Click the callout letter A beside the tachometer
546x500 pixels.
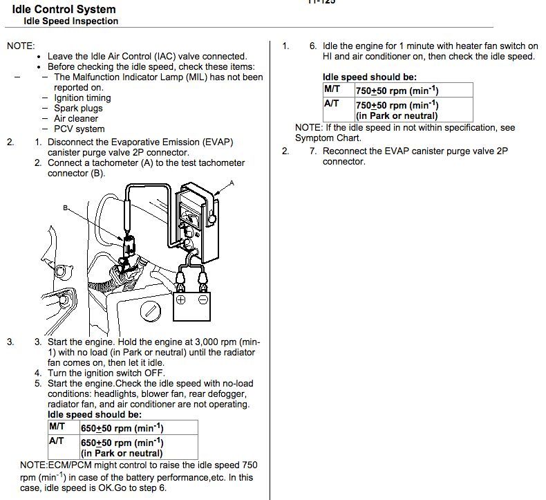pyautogui.click(x=232, y=183)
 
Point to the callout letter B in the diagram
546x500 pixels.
pyautogui.click(x=66, y=207)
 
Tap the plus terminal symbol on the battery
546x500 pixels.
pyautogui.click(x=181, y=300)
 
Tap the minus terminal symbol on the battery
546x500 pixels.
pyautogui.click(x=204, y=300)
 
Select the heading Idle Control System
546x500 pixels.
pyautogui.click(x=64, y=10)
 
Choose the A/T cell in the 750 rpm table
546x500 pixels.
pyautogui.click(x=332, y=103)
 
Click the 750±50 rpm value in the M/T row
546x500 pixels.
pyautogui.click(x=397, y=91)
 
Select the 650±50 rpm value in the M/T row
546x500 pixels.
pyautogui.click(x=122, y=428)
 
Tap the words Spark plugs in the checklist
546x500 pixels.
pyautogui.click(x=78, y=108)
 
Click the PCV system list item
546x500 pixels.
pyautogui.click(x=79, y=129)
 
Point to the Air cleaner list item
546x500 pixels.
pyautogui.click(x=76, y=118)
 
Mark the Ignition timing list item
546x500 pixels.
pyautogui.click(x=82, y=98)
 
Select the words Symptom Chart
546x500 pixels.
pyautogui.click(x=328, y=138)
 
